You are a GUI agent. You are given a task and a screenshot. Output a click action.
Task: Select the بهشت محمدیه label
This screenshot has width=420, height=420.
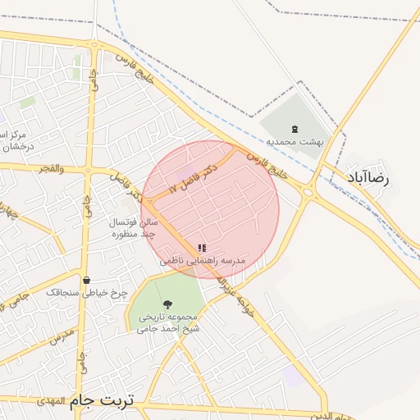(299, 141)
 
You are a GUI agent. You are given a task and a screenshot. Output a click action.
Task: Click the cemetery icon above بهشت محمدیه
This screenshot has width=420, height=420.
(295, 128)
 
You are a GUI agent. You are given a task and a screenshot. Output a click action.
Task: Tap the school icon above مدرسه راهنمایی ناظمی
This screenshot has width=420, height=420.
(202, 248)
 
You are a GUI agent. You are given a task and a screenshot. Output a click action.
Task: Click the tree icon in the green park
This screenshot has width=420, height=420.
(167, 304)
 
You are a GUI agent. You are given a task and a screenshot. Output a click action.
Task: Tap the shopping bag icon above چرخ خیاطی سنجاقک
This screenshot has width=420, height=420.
(86, 281)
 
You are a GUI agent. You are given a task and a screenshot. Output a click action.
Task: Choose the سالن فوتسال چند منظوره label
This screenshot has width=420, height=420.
(131, 228)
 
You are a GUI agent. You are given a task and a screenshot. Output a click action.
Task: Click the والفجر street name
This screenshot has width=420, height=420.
(48, 168)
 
